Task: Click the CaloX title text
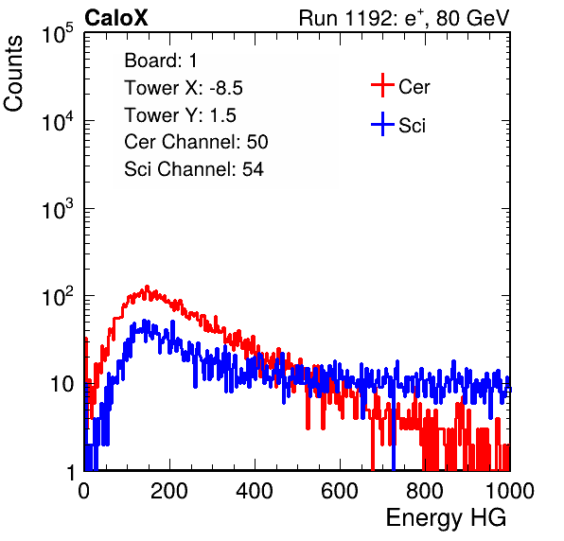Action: pyautogui.click(x=115, y=18)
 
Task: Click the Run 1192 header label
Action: pyautogui.click(x=404, y=18)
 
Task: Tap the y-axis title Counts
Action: pyautogui.click(x=13, y=74)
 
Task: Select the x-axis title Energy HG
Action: pyautogui.click(x=446, y=518)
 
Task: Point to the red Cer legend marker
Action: pyautogui.click(x=382, y=85)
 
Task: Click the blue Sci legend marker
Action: pyautogui.click(x=382, y=124)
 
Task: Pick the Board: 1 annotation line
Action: pyautogui.click(x=161, y=61)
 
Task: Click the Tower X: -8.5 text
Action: pyautogui.click(x=184, y=88)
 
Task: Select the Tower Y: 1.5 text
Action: pyautogui.click(x=180, y=115)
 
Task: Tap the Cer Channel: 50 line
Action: pyautogui.click(x=196, y=142)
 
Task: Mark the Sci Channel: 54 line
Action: pyautogui.click(x=194, y=169)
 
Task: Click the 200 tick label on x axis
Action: pyautogui.click(x=169, y=490)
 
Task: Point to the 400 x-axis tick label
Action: pyautogui.click(x=255, y=490)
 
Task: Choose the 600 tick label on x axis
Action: pyautogui.click(x=340, y=490)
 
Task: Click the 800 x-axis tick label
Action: pyautogui.click(x=425, y=490)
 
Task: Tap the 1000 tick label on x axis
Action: pyautogui.click(x=510, y=490)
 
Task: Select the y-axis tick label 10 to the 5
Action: pyautogui.click(x=58, y=33)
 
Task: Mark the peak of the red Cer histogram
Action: pyautogui.click(x=147, y=287)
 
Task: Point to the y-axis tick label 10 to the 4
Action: pyautogui.click(x=58, y=121)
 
